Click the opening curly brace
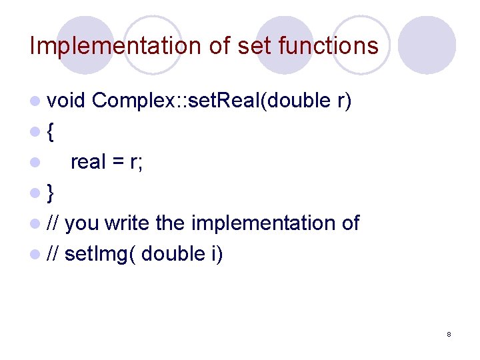(51, 131)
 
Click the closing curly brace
(51, 193)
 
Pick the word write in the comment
(127, 223)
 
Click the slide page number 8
(449, 333)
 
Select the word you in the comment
(83, 223)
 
